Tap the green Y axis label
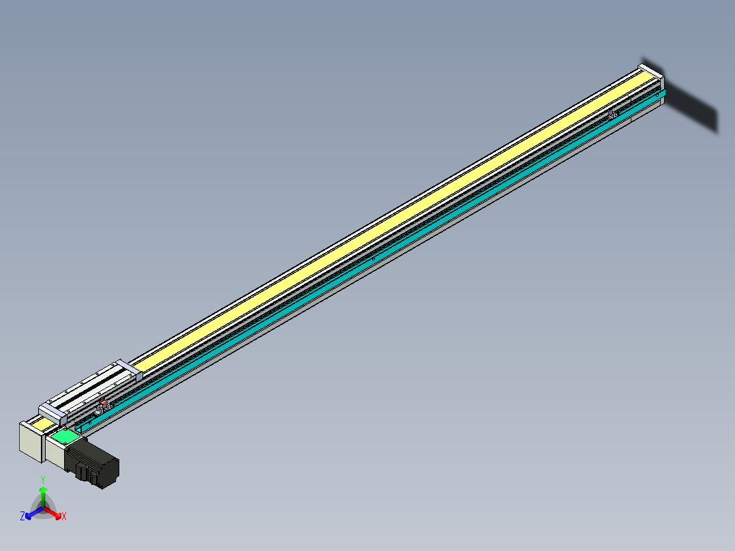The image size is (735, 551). tap(43, 479)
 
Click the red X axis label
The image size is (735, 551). tap(64, 517)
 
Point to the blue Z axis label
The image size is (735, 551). tap(22, 517)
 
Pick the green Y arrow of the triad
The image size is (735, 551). tap(43, 494)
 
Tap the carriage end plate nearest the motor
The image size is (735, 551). tap(52, 412)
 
